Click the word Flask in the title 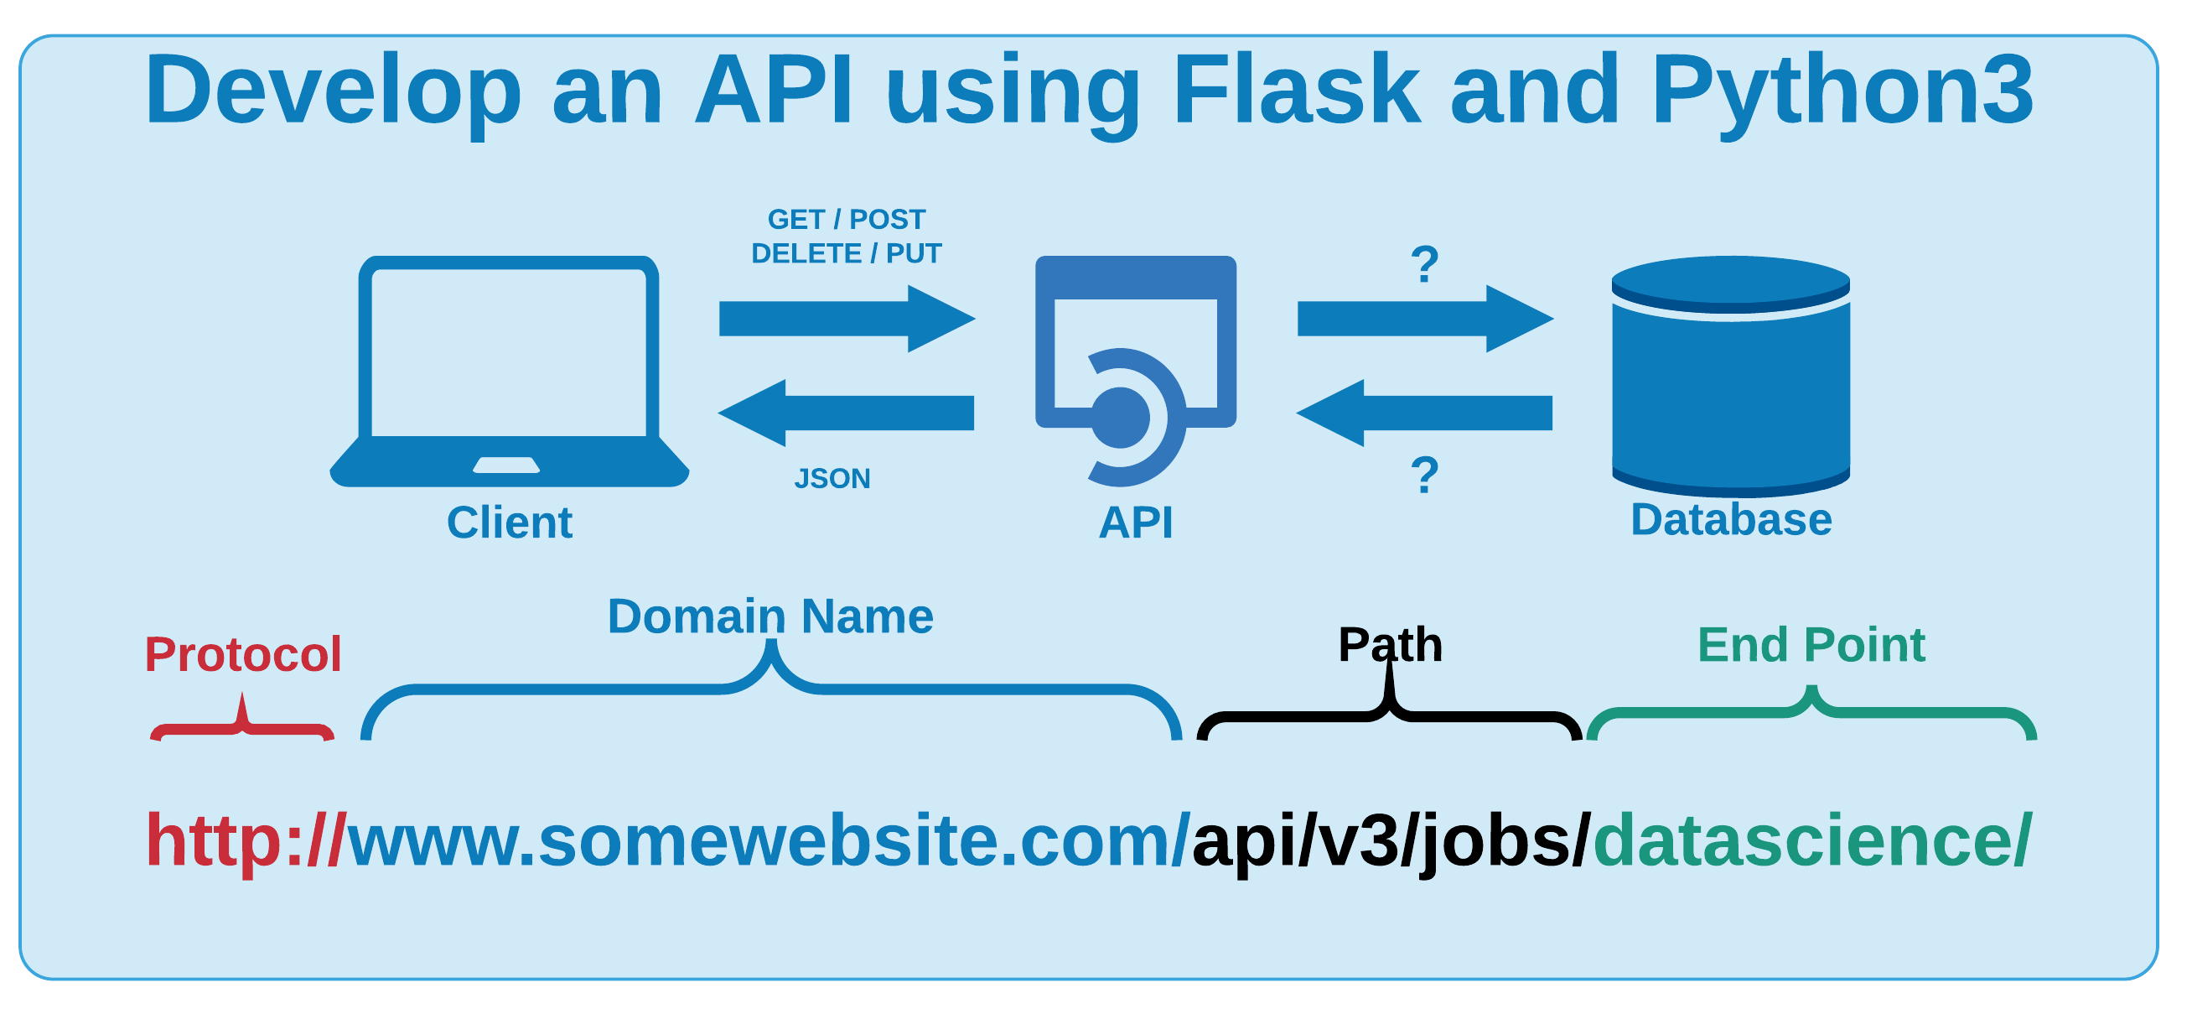pos(1296,90)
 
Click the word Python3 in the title pos(1842,90)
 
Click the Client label pos(509,522)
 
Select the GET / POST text pos(846,220)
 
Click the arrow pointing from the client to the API pos(846,319)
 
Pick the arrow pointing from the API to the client pos(846,413)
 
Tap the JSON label pos(832,478)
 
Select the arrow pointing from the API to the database pos(1424,319)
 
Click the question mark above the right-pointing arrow pos(1424,265)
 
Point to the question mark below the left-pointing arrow pos(1424,475)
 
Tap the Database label pos(1730,519)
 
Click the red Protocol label pos(242,654)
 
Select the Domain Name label pos(770,616)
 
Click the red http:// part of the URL pos(245,841)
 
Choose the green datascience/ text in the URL pos(1811,841)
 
